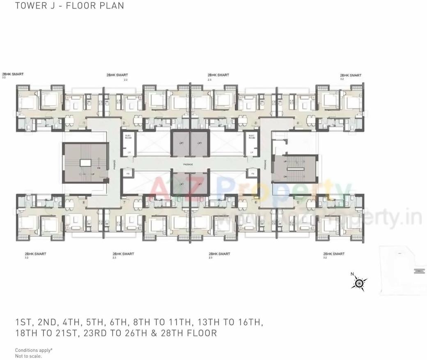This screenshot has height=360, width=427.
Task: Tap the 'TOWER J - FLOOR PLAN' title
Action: [69, 6]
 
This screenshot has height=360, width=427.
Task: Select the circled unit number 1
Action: [84, 123]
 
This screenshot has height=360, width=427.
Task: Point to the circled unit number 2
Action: [123, 123]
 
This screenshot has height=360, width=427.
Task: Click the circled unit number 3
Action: [256, 123]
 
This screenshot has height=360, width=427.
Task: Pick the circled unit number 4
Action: [298, 123]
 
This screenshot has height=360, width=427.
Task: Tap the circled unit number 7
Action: [123, 202]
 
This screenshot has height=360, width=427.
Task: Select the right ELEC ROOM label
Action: [251, 137]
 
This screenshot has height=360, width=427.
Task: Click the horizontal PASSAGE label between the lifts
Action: [188, 164]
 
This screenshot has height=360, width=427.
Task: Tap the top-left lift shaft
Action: [180, 143]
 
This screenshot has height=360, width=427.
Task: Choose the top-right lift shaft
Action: [199, 143]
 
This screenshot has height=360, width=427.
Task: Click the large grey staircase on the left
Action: [85, 163]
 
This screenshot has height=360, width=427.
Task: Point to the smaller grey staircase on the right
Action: [296, 169]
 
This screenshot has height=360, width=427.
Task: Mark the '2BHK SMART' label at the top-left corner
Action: [13, 74]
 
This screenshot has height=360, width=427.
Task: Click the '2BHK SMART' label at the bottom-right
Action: [334, 254]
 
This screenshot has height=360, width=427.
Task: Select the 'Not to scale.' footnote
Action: [28, 356]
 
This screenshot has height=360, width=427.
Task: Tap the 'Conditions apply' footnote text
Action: [34, 350]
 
